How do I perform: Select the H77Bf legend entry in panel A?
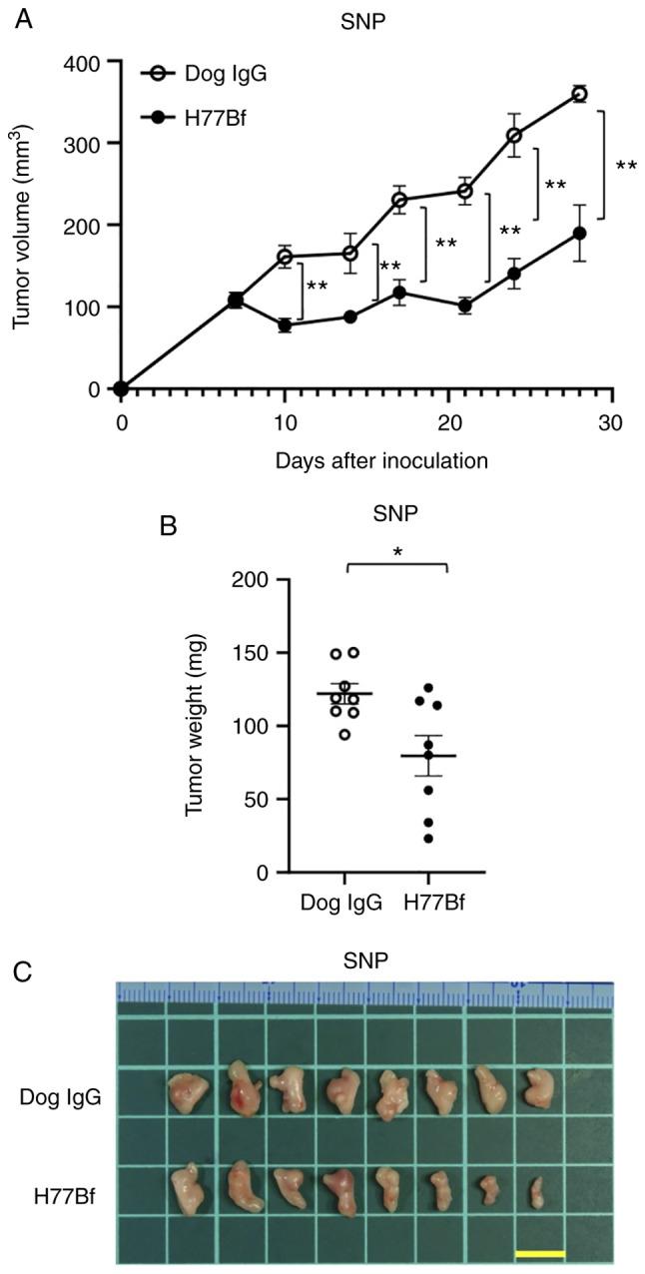pos(208,118)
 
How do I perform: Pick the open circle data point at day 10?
pos(285,257)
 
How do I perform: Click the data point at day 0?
pos(121,389)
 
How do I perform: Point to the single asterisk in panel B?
pos(397,550)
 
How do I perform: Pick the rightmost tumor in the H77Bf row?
pos(537,1191)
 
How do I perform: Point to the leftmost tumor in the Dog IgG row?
pos(188,1091)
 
